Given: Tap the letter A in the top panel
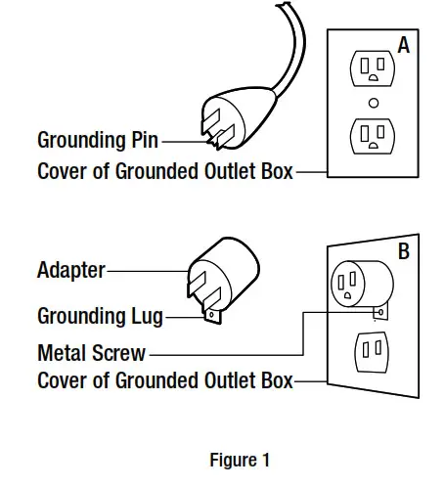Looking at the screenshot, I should point(403,43).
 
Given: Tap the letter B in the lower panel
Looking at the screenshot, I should point(403,251).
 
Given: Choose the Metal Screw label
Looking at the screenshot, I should point(91,351).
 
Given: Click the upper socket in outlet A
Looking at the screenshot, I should point(374,69).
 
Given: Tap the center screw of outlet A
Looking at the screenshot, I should point(374,102).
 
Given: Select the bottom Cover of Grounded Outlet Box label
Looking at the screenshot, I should point(165,380).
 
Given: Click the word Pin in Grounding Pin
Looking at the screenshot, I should point(140,140).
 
